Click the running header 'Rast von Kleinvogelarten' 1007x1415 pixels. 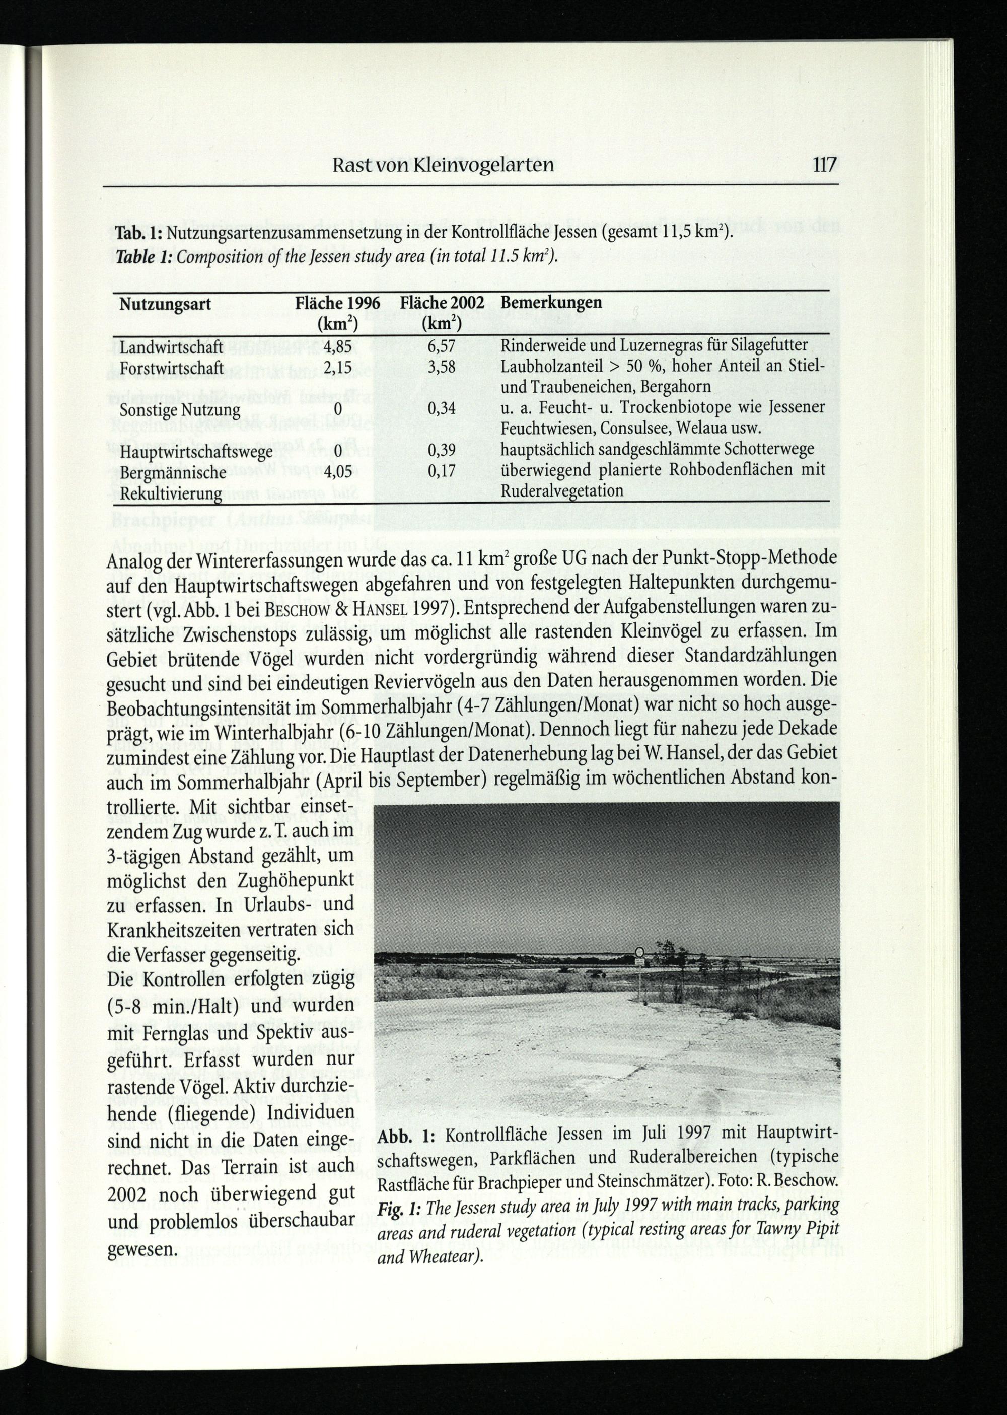[443, 165]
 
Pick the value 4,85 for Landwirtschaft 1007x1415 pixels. [337, 346]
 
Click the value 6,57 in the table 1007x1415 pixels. [442, 346]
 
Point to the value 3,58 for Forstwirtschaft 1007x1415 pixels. [442, 367]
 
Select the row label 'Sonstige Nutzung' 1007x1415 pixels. [179, 410]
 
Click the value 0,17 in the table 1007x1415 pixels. [442, 471]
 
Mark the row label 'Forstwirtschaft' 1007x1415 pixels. [171, 368]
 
